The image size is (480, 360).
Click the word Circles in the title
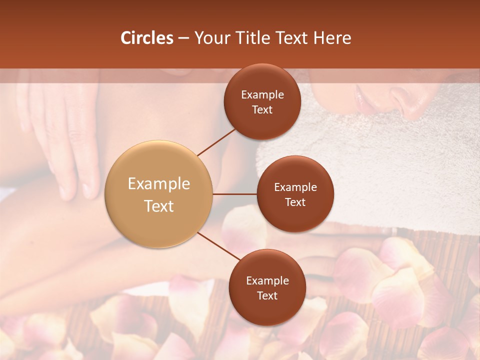coord(147,38)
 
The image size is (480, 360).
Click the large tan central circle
coord(159,194)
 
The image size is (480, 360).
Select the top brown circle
coord(262,101)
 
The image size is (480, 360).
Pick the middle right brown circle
coord(295,194)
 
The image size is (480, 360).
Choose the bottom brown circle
coord(267,287)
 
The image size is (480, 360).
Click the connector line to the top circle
coord(217,142)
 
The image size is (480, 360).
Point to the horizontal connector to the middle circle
coord(235,194)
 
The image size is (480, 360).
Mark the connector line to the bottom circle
coord(219,246)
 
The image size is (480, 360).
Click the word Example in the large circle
coord(159,183)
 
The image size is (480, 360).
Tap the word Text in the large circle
coord(159,206)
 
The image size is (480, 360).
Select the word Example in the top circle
coord(262,94)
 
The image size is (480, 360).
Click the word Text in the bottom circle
coord(267,295)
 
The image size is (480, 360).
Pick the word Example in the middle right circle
coord(295,187)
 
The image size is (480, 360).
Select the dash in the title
coord(184,38)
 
